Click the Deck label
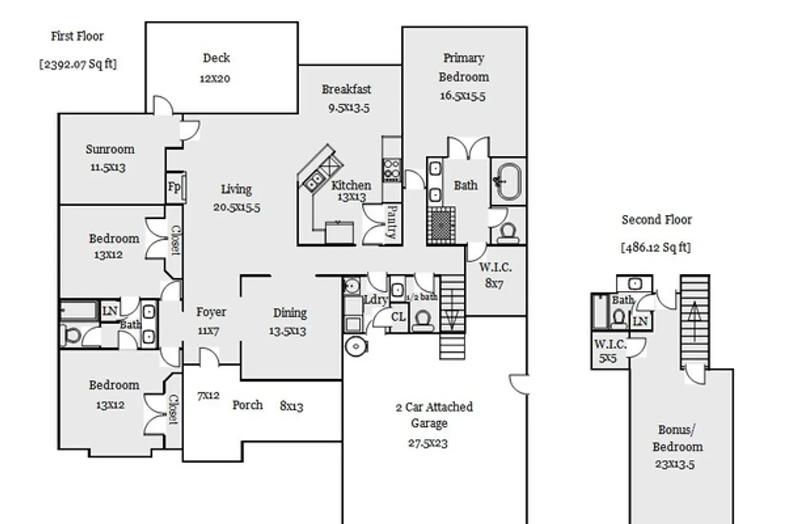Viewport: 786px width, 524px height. [216, 58]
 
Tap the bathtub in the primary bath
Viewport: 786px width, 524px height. [508, 181]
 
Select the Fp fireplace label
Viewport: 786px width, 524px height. [174, 187]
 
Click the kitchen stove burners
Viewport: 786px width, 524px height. [392, 170]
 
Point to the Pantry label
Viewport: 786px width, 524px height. [392, 222]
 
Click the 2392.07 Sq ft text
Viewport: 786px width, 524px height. [78, 64]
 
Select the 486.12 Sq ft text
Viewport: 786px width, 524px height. [656, 248]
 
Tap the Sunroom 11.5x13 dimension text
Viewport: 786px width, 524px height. [108, 167]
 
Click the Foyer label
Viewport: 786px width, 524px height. [211, 312]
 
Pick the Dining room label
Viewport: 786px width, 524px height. [290, 313]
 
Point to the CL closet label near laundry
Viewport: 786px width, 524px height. [398, 317]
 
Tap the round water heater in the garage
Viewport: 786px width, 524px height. [356, 346]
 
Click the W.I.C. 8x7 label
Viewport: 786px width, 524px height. [495, 275]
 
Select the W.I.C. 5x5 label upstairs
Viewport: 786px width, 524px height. [610, 351]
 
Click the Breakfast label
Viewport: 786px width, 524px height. [346, 89]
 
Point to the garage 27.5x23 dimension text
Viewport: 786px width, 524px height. [428, 443]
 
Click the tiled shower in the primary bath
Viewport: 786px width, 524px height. [441, 225]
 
